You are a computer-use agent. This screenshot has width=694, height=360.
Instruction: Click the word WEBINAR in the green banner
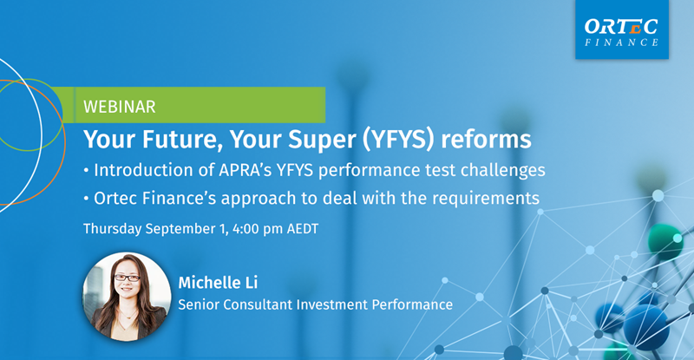120,107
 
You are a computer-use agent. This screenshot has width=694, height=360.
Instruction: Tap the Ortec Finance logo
622,29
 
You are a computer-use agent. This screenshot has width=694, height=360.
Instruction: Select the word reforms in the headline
486,139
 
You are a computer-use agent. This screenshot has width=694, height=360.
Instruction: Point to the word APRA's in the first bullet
246,170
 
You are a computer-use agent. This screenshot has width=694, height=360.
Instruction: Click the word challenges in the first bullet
503,171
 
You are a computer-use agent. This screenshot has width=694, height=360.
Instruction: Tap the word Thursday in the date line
113,229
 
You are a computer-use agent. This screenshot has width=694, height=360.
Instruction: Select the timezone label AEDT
303,229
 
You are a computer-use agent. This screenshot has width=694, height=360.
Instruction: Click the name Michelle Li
218,283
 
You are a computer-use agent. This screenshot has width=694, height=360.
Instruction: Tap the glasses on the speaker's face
127,278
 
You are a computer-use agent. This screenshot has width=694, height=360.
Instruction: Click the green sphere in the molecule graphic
665,241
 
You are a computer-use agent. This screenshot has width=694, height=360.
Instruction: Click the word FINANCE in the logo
621,43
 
